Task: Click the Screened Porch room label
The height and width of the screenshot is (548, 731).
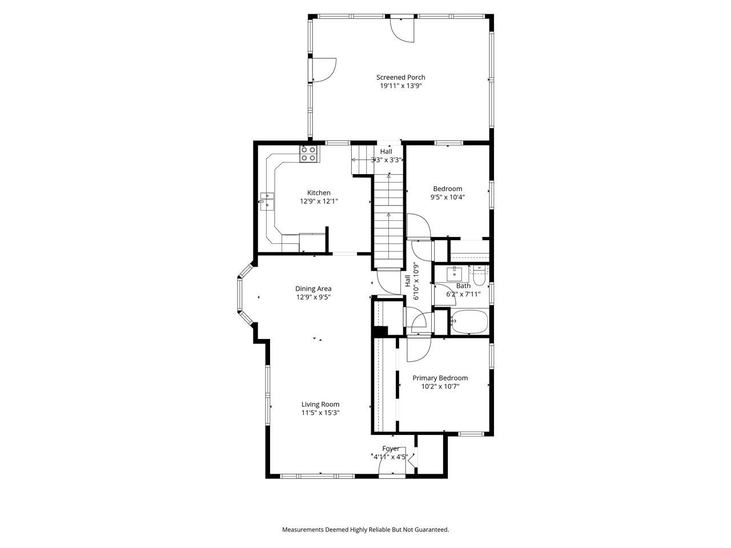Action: point(400,78)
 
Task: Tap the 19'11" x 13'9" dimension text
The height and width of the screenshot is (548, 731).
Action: point(400,86)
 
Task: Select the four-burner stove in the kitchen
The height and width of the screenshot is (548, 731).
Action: point(308,154)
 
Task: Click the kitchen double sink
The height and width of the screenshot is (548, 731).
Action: point(267,202)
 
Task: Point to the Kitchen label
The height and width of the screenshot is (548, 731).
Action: point(319,193)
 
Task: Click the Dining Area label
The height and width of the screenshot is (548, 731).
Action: point(313,289)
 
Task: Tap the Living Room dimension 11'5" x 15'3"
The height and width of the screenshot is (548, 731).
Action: point(320,413)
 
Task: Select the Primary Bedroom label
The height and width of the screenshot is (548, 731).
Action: point(440,378)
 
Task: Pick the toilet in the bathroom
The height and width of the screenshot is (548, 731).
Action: point(480,276)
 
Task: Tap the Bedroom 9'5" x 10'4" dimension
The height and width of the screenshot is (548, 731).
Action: point(447,198)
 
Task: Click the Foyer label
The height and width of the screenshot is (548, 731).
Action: point(391,449)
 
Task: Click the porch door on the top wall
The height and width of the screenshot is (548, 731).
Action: point(402,29)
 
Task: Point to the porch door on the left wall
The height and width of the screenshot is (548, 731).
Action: point(323,69)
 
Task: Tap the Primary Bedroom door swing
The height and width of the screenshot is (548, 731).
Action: point(416,349)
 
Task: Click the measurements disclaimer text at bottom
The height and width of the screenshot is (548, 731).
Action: point(365,530)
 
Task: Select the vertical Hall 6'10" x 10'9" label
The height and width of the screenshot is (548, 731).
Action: point(411,281)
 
